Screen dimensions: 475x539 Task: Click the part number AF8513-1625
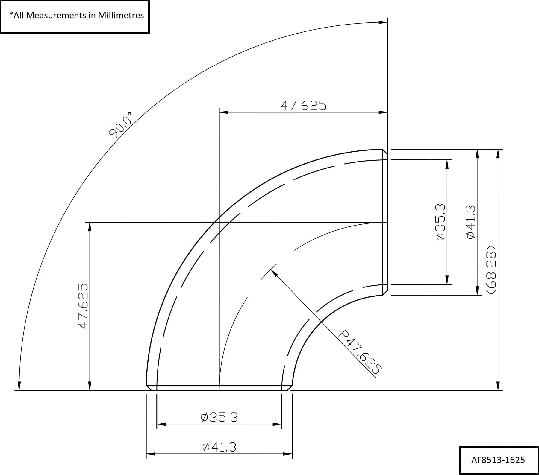[x=498, y=460]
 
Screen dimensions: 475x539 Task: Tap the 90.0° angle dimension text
[x=121, y=125]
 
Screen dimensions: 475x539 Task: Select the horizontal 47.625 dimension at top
[x=303, y=106]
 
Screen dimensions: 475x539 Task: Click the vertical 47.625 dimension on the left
[x=83, y=306]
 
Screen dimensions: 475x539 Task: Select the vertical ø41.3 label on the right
[x=471, y=222]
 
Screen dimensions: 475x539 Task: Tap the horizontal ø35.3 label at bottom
[x=219, y=417]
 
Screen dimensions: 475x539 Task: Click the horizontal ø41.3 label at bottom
[x=219, y=447]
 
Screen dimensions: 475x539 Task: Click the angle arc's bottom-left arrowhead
[x=19, y=386]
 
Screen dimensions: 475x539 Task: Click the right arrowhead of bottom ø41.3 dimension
[x=288, y=454]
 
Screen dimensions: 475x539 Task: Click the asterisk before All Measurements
[x=11, y=14]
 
